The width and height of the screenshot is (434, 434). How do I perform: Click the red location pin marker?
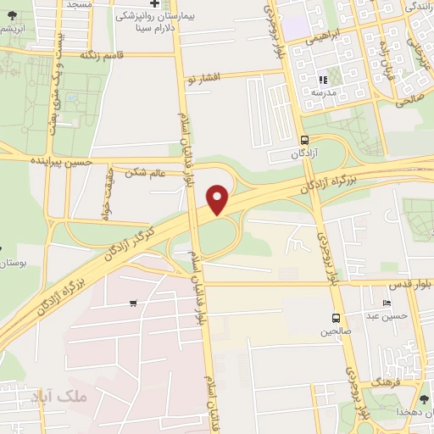click(x=219, y=200)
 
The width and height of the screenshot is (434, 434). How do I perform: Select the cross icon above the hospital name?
click(x=153, y=4)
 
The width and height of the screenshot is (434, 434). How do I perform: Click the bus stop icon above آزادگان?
click(x=305, y=140)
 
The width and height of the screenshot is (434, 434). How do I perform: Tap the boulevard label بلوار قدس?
click(x=415, y=286)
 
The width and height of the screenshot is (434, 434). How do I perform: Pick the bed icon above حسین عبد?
click(x=387, y=303)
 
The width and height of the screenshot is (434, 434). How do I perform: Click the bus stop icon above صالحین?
click(x=337, y=319)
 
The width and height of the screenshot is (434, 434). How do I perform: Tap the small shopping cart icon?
click(x=133, y=303)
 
